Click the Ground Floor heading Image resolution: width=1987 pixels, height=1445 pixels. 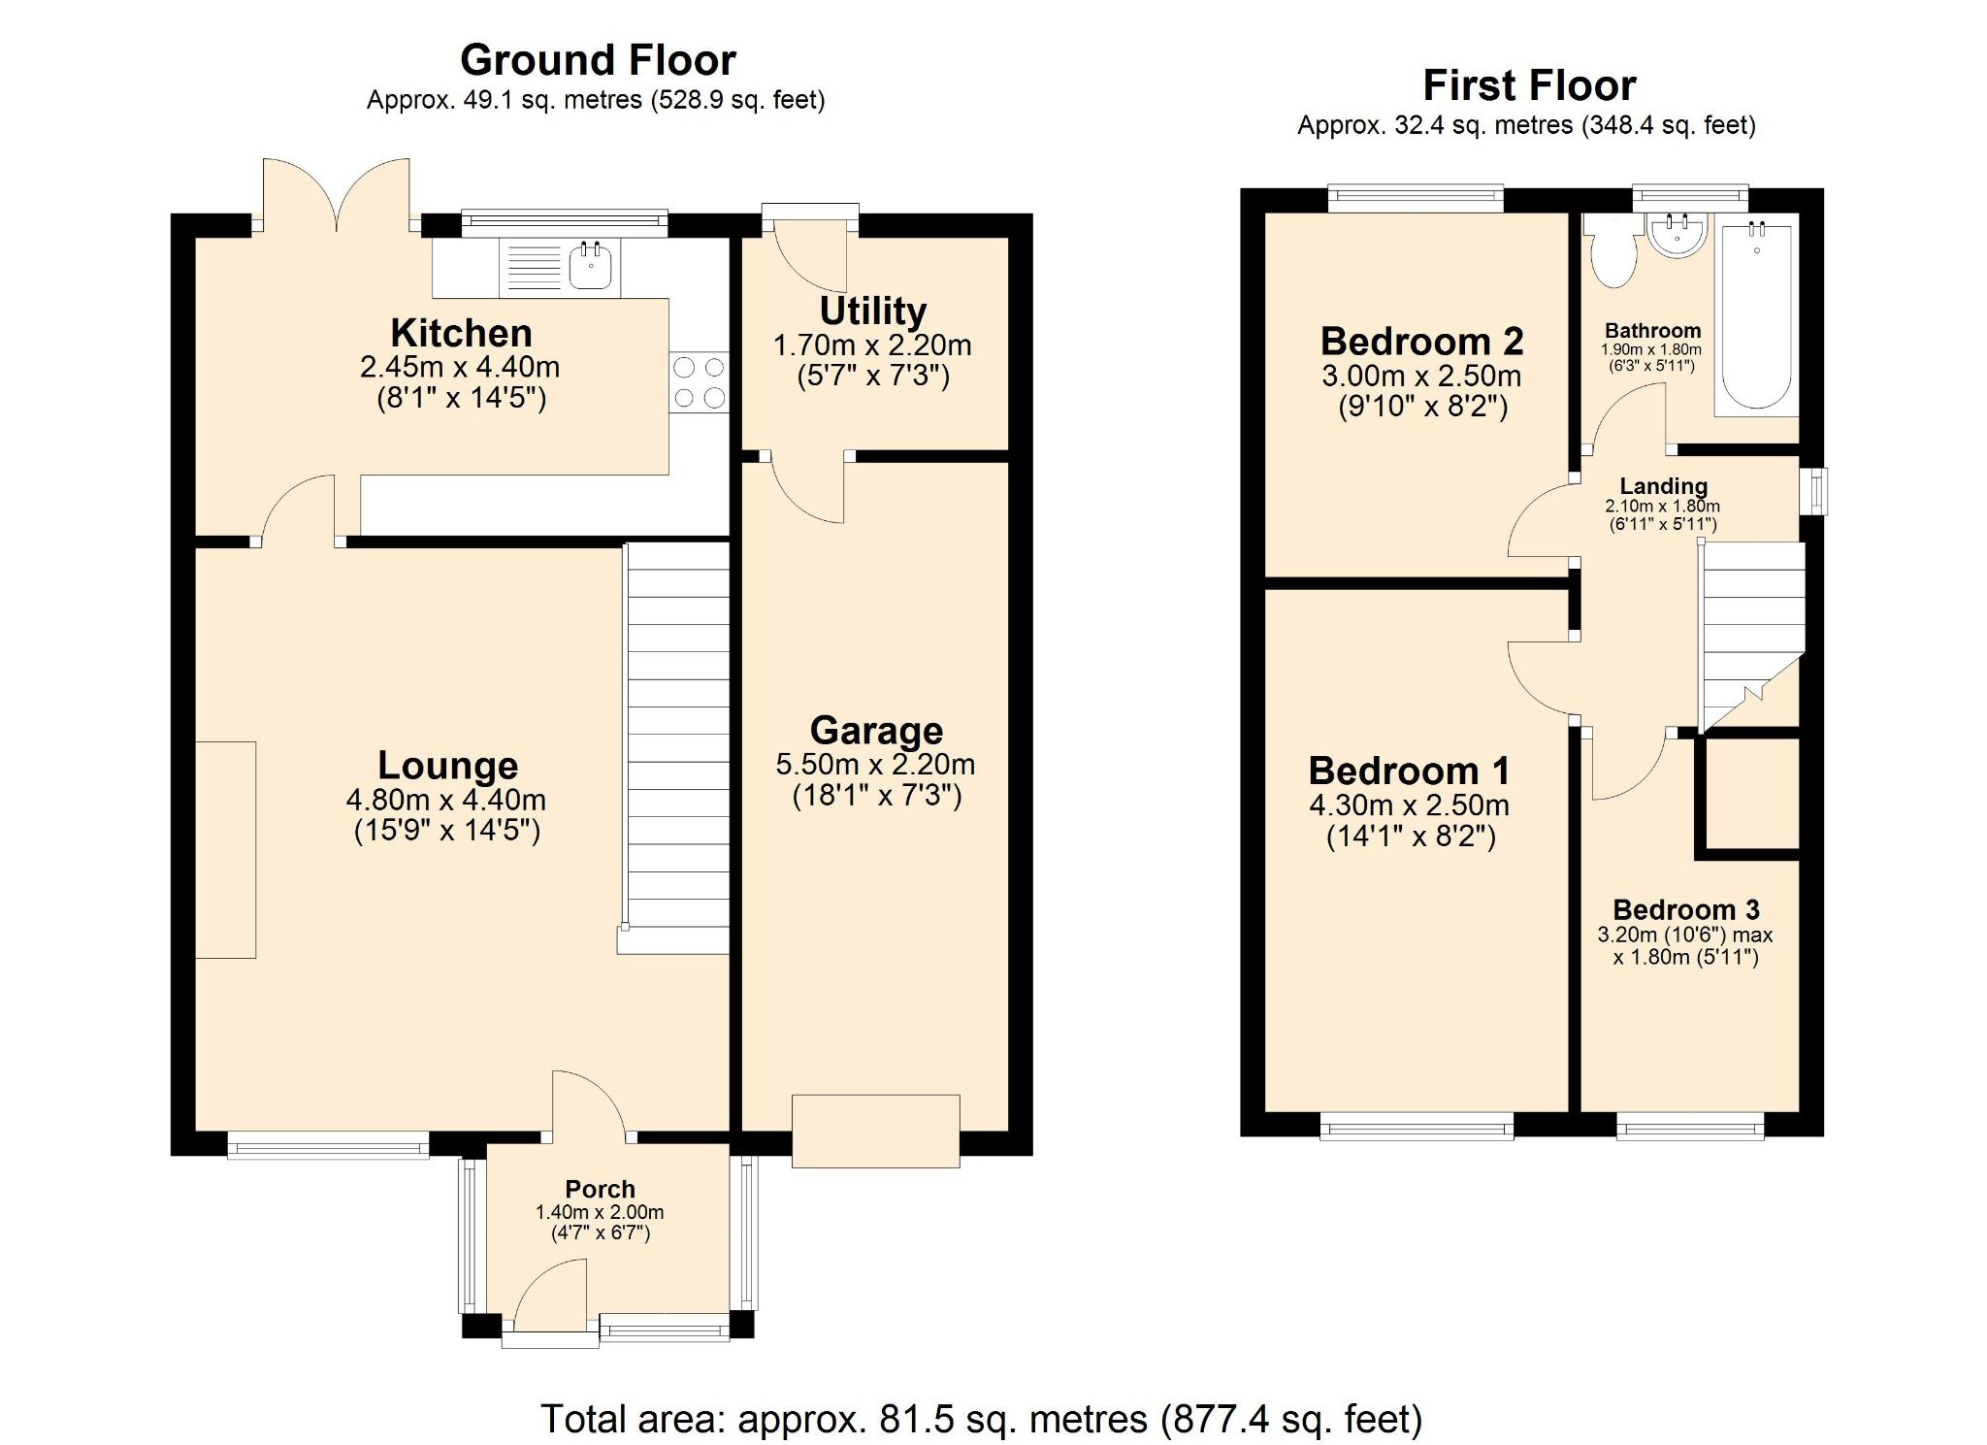[598, 60]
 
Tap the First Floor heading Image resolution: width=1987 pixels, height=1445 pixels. [1528, 85]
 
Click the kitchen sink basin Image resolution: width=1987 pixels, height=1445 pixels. [590, 266]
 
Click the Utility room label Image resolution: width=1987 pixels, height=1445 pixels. [873, 312]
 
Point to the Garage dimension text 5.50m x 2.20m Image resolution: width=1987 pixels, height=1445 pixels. [875, 765]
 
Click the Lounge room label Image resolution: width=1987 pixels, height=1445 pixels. [447, 766]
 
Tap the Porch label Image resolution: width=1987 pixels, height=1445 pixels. [600, 1189]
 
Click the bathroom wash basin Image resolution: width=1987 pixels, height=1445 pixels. [1677, 237]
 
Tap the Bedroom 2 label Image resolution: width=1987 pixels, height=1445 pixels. [1421, 342]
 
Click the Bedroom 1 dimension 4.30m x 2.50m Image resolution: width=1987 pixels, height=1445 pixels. [1409, 805]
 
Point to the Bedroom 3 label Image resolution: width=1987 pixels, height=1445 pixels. [1685, 909]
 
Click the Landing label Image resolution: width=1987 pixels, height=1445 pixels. [1663, 486]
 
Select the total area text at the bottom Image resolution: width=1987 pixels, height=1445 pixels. [981, 1419]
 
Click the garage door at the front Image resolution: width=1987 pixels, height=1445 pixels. [875, 1131]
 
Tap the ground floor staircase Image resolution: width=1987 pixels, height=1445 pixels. [677, 747]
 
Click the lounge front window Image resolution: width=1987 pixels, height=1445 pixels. [328, 1146]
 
